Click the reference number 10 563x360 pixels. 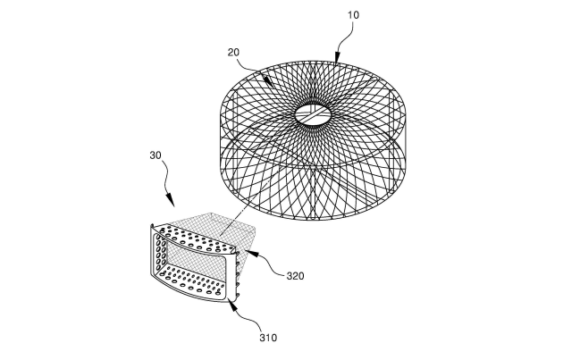[x=353, y=15]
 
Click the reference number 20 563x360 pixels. [x=233, y=53]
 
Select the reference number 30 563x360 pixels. [x=155, y=155]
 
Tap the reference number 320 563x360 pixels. [x=295, y=276]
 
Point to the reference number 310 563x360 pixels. [x=268, y=338]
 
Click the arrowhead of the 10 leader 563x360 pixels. [x=337, y=58]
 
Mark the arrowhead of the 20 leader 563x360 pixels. [x=268, y=81]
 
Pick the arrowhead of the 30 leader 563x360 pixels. [x=171, y=200]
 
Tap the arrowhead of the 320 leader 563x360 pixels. [x=252, y=254]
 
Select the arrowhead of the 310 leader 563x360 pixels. [x=232, y=306]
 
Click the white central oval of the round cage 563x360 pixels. [x=313, y=115]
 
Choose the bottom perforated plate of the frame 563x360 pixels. [x=194, y=284]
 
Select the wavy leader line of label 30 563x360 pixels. [x=165, y=177]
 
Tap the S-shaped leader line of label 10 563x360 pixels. [x=344, y=36]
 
